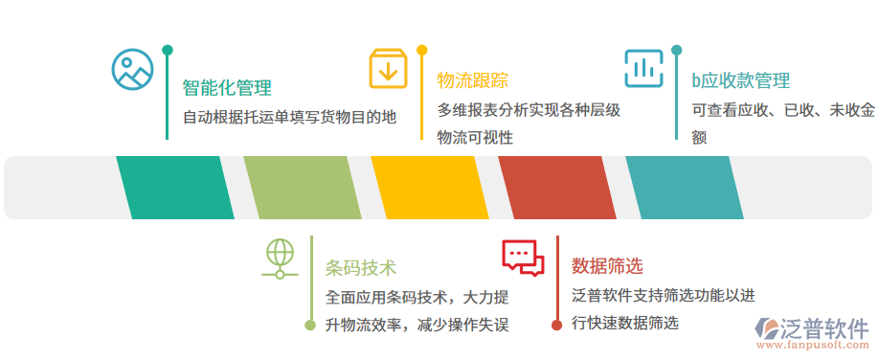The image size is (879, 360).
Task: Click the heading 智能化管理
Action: point(227,88)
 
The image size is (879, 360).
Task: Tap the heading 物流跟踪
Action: point(472,79)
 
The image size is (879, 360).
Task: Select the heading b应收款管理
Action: point(740,80)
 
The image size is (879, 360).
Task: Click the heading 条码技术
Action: point(361,267)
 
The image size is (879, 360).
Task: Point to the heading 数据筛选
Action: point(607,265)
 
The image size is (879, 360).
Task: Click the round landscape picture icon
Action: point(132,69)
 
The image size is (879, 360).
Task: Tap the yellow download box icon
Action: point(389,68)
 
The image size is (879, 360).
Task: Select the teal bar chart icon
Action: point(643,68)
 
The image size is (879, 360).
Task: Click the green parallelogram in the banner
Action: point(175,188)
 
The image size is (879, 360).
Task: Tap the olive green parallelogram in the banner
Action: point(303,188)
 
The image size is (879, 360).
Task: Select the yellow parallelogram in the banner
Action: point(430,188)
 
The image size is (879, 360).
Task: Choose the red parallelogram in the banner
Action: point(557,188)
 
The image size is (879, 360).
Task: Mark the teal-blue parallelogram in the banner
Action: point(685,188)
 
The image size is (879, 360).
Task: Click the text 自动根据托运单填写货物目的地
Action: point(289,118)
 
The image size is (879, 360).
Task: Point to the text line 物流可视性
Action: point(475,138)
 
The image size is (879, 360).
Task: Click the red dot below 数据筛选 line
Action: point(556,326)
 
